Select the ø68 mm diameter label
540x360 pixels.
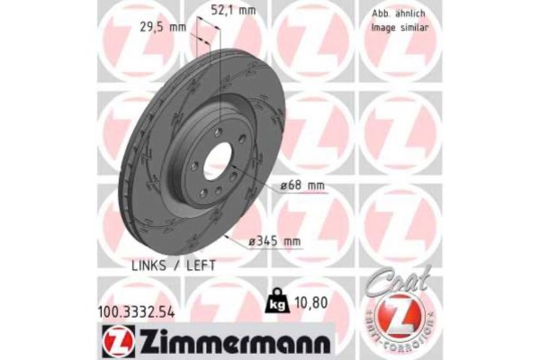coord(301,185)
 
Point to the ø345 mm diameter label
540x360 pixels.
coord(275,241)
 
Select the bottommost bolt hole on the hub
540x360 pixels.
coord(204,193)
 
